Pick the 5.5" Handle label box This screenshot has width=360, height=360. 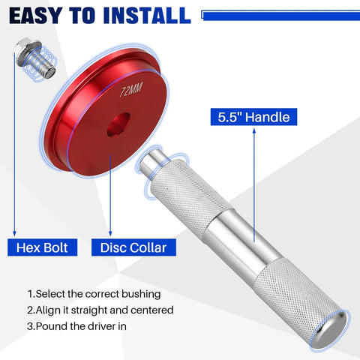[253, 117]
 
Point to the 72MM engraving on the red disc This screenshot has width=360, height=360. [133, 94]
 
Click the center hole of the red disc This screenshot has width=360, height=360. [118, 125]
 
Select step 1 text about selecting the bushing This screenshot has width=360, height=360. [94, 294]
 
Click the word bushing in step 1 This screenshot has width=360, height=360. [140, 294]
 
